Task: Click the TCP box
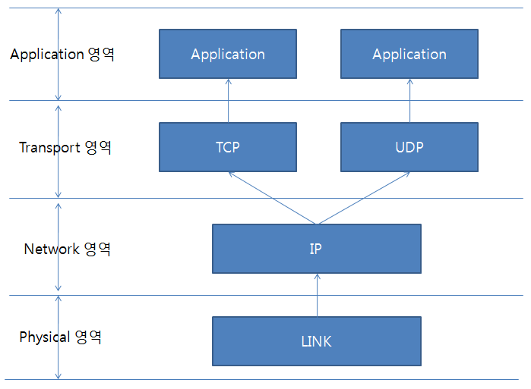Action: coord(228,147)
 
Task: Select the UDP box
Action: coord(409,147)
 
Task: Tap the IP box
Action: coord(317,249)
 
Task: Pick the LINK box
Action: coord(317,341)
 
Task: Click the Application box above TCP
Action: coord(228,54)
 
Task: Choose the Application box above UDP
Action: coord(409,54)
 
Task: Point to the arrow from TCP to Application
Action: coord(228,100)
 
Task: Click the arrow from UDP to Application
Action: coord(409,100)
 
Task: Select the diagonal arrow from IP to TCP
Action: coord(272,198)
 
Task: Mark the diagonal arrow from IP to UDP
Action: coord(365,198)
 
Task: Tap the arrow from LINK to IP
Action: coord(318,295)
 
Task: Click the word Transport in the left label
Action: coord(50,148)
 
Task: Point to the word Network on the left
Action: coord(52,249)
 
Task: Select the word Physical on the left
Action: coord(45,337)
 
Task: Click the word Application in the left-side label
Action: coord(47,55)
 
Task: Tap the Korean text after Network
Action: coord(97,249)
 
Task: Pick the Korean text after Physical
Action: coord(88,337)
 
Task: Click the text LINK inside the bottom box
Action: coord(316,341)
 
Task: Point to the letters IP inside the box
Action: coord(315,249)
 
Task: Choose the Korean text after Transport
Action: coord(98,147)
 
